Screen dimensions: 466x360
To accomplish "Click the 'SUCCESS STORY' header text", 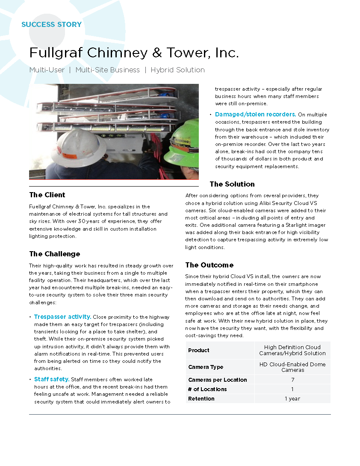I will (51, 24).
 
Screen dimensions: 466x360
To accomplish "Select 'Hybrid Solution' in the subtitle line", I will (177, 70).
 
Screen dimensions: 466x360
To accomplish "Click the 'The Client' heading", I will (47, 195).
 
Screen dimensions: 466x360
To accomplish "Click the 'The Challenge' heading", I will (55, 254).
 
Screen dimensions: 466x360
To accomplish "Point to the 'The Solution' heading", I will (232, 184).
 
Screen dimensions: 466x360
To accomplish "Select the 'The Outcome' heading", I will (209, 265).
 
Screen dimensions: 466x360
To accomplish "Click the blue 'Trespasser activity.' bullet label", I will (62, 317).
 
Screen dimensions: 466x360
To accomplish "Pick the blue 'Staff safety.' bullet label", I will (52, 379).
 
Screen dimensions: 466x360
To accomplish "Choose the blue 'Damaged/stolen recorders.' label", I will (255, 114).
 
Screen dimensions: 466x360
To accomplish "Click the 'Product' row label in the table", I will (199, 350).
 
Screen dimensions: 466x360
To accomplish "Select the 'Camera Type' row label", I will (206, 367).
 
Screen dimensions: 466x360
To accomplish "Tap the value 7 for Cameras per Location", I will (292, 380).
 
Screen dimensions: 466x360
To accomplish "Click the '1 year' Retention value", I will (292, 398).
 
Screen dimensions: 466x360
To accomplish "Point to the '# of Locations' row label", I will (207, 389).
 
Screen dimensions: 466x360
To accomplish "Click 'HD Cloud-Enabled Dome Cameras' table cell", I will (292, 367).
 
